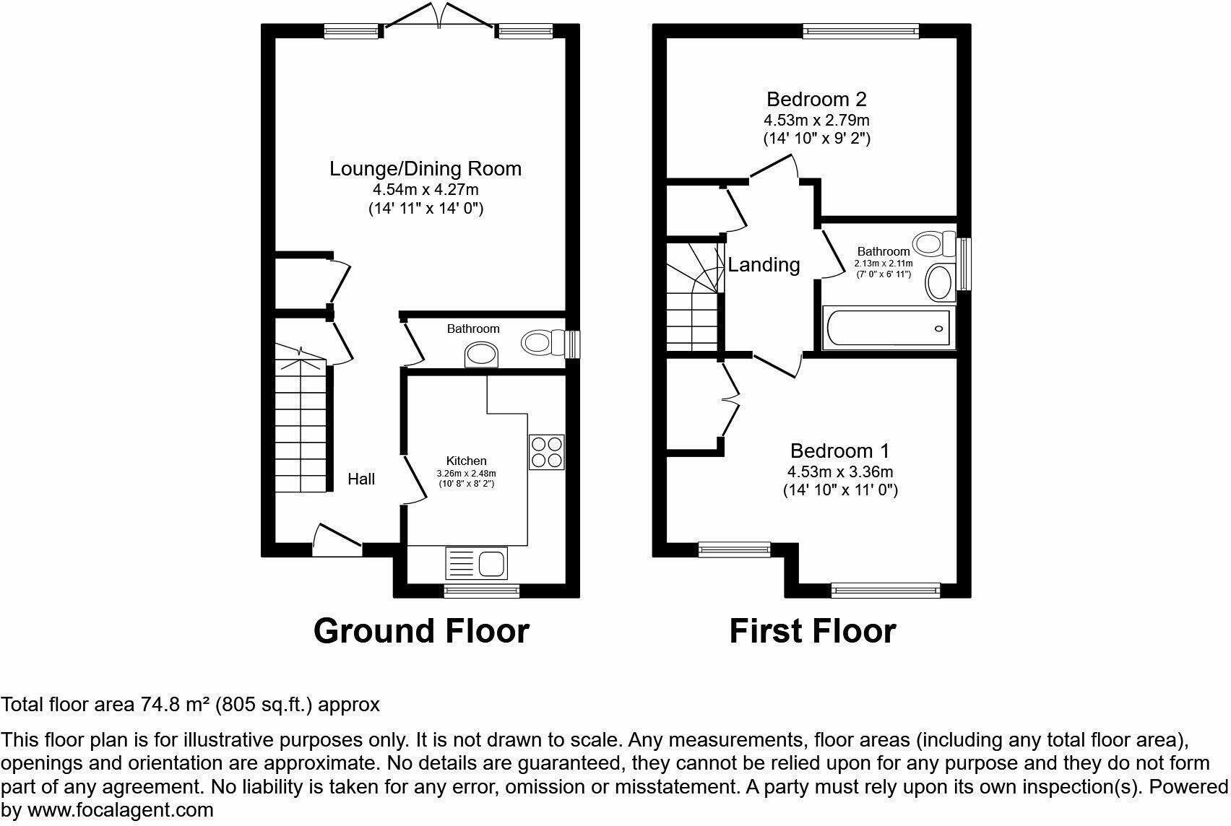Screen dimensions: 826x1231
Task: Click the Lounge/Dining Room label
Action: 426,169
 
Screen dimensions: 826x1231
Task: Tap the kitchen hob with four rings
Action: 546,453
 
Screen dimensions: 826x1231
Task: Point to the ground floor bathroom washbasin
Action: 482,355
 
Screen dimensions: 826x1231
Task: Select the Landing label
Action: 764,265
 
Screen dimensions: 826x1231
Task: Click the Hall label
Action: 361,479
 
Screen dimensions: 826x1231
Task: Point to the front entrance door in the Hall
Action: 337,539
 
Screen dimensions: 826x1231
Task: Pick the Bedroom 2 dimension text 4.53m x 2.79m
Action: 816,120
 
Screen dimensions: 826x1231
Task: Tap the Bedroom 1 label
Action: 839,451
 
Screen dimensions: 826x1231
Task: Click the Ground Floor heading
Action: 421,630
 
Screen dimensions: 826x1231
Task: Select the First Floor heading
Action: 812,630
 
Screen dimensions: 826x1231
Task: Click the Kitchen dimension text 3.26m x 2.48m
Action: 466,474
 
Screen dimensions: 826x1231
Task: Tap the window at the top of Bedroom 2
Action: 860,30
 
